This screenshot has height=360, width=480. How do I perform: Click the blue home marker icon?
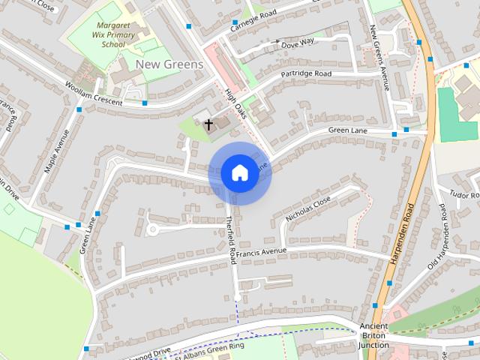pos(239,172)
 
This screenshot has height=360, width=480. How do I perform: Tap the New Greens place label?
pos(169,64)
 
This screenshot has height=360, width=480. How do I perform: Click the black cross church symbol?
pos(208,123)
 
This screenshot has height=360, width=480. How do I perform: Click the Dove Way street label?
pos(297,44)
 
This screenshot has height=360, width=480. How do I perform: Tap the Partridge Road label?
pos(306,74)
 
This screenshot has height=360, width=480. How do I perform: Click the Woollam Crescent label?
pos(93,97)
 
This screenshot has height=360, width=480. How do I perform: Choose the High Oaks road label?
pos(235,105)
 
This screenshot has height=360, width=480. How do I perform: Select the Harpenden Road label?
pos(403,232)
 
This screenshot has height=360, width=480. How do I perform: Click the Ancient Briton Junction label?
pos(373,335)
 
